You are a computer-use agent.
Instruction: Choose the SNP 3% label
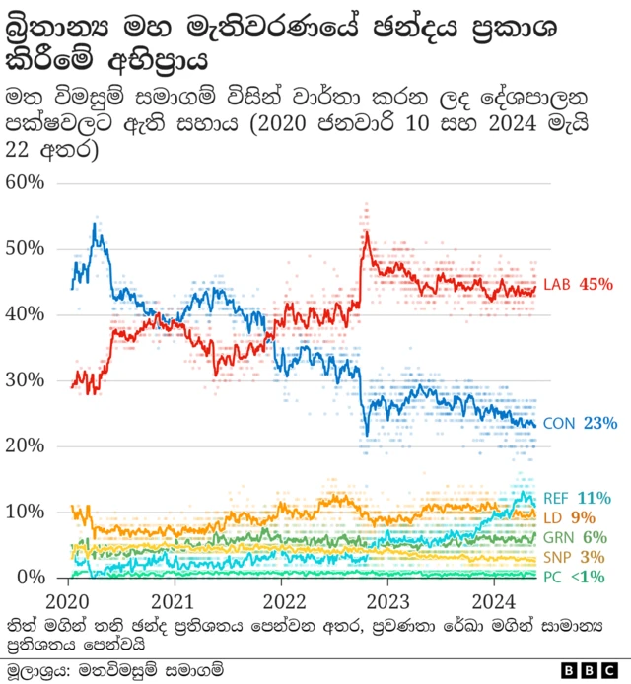click(x=576, y=557)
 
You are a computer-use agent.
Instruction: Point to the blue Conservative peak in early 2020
click(x=95, y=226)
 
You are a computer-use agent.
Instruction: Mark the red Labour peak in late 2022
click(x=366, y=233)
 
